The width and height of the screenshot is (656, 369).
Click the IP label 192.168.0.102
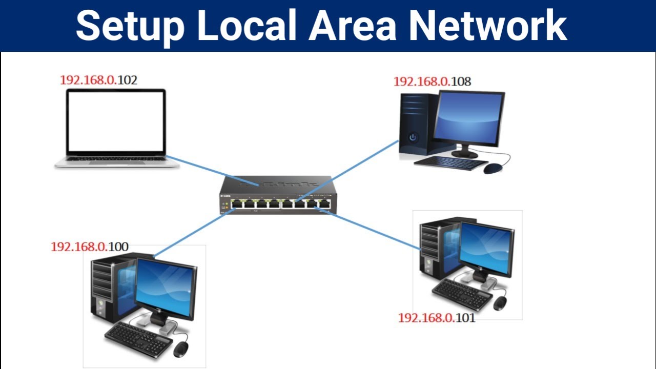[98, 80]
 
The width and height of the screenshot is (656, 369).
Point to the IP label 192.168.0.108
[432, 81]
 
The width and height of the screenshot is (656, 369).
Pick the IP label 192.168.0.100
[89, 247]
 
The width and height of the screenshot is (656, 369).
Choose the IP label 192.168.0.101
[437, 318]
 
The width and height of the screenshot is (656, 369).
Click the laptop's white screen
[116, 121]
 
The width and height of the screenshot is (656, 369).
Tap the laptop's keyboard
[117, 159]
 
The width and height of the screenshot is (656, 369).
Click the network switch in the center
[277, 197]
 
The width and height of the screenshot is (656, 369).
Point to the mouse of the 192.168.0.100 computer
[180, 349]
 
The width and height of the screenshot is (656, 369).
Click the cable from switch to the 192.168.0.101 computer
[374, 230]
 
